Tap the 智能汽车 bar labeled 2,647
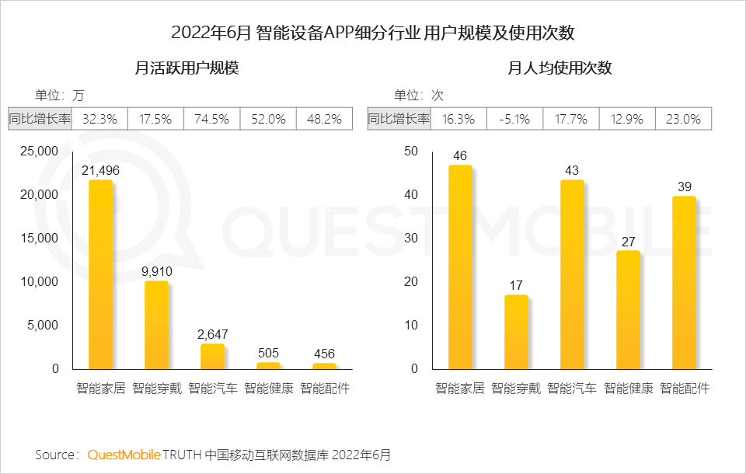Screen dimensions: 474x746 pyautogui.click(x=212, y=357)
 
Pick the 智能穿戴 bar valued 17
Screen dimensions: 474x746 pyautogui.click(x=516, y=332)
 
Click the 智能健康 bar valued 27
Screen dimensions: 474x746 pyautogui.click(x=628, y=310)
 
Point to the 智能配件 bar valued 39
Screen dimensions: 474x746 pyautogui.click(x=684, y=283)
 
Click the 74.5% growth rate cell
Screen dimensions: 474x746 pyautogui.click(x=211, y=119)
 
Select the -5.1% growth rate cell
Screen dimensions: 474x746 pyautogui.click(x=514, y=119)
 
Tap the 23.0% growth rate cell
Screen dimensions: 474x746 pyautogui.click(x=684, y=119)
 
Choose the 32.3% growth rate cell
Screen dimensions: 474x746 pyautogui.click(x=99, y=119)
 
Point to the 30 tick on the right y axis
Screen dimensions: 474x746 pyautogui.click(x=411, y=238)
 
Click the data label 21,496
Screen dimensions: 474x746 pyautogui.click(x=100, y=170)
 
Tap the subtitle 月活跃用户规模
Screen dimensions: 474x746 pyautogui.click(x=186, y=68)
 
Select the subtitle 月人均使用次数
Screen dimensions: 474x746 pyautogui.click(x=559, y=68)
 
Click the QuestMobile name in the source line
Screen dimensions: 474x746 pyautogui.click(x=124, y=454)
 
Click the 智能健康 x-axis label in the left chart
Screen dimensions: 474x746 pyautogui.click(x=269, y=388)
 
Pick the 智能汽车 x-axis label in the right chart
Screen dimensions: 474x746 pyautogui.click(x=572, y=388)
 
